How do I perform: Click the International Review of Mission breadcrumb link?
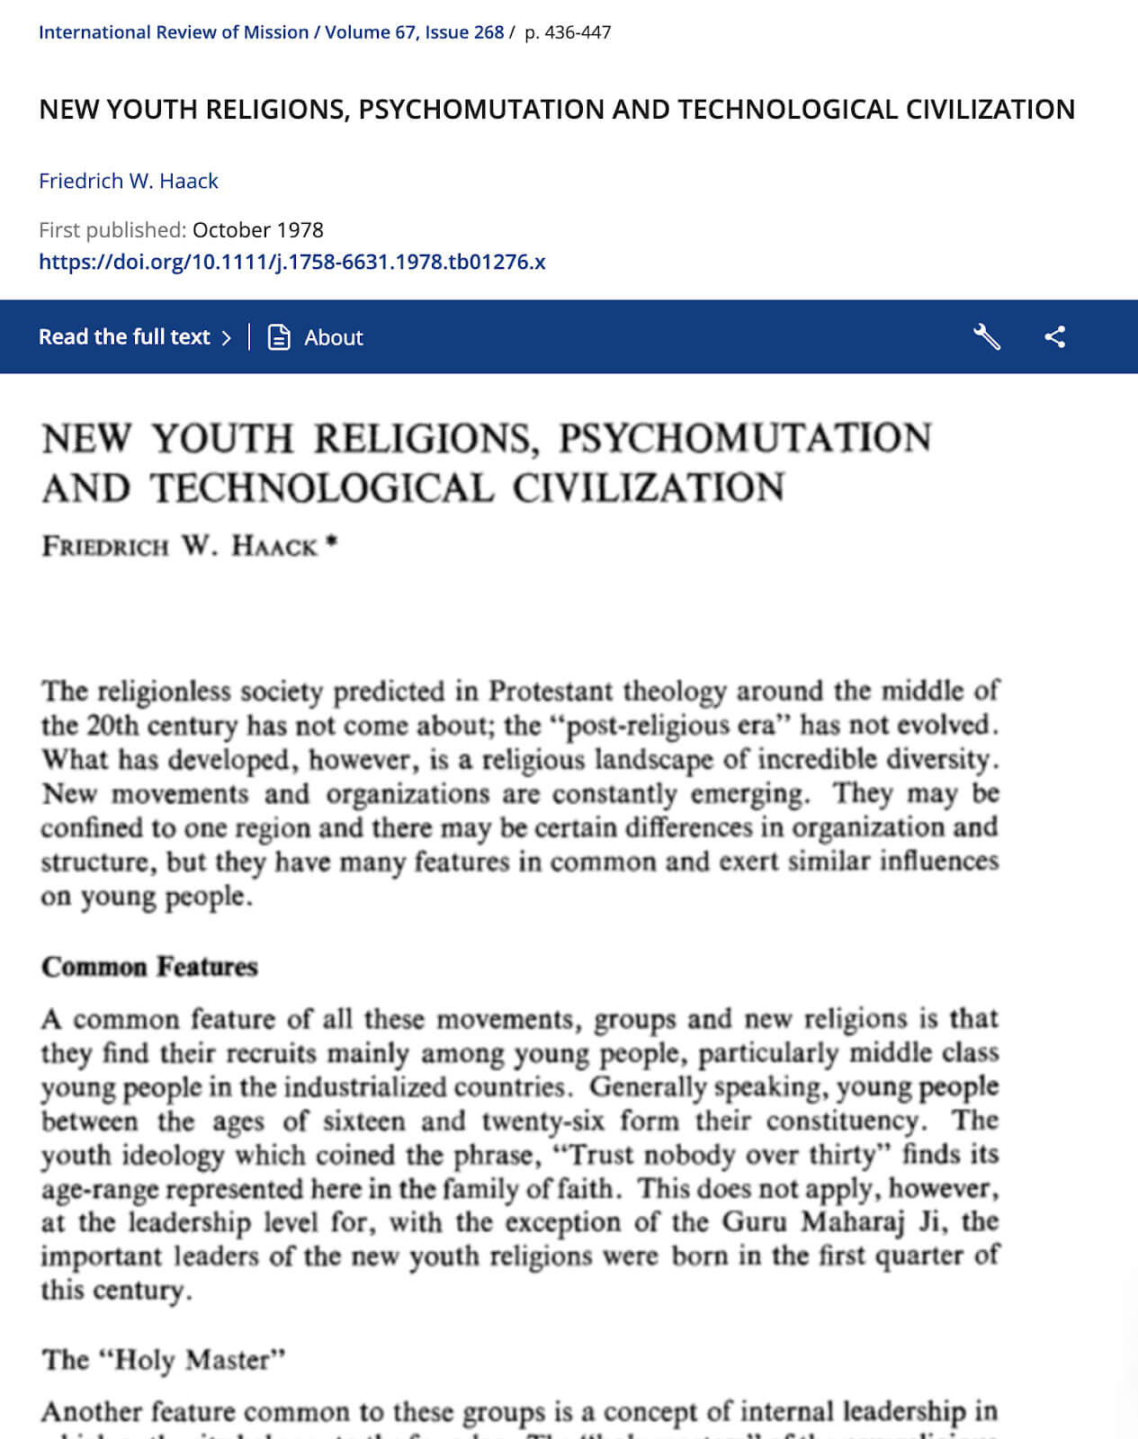tap(173, 32)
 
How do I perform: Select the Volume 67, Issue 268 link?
tap(414, 32)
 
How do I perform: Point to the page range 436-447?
tap(568, 32)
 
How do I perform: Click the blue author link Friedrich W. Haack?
tap(129, 181)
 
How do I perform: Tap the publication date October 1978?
tap(257, 230)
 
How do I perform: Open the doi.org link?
tap(291, 262)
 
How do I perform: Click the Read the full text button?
tap(135, 337)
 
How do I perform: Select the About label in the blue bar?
tap(333, 338)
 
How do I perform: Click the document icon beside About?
tap(279, 337)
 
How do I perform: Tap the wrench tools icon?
tap(987, 337)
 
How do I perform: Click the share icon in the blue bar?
tap(1054, 337)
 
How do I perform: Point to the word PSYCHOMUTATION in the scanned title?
tap(745, 439)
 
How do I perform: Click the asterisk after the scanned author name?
tap(332, 541)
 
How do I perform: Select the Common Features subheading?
tap(149, 967)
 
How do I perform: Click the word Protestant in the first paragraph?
tap(551, 692)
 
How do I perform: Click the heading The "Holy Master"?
tap(164, 1359)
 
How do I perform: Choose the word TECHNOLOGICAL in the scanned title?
tap(322, 488)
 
